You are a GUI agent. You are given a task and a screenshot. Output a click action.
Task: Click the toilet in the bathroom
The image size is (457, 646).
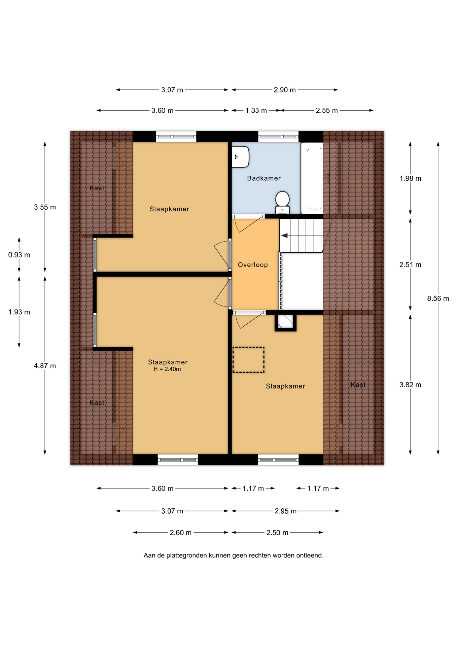point(282,203)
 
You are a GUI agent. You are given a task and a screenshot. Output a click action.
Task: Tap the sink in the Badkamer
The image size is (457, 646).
point(240,157)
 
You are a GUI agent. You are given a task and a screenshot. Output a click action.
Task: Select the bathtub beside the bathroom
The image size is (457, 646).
point(312,178)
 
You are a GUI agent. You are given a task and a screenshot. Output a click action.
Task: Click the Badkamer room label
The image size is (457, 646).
point(264,178)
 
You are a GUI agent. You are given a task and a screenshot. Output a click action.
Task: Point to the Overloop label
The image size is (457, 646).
point(253,265)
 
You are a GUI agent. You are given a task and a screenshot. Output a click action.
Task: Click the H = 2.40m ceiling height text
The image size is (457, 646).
point(167,369)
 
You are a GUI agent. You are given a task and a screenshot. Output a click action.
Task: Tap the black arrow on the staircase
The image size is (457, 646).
point(284,236)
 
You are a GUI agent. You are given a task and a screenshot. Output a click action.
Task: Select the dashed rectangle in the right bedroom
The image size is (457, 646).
point(248,360)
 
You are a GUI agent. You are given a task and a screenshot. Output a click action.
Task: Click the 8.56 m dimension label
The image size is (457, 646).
point(438,298)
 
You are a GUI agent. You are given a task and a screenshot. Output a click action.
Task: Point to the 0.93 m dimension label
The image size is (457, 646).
point(19,255)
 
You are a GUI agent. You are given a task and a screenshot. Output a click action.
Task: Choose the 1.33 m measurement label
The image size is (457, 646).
point(256,110)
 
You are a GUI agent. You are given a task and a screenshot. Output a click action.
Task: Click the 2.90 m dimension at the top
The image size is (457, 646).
point(285,90)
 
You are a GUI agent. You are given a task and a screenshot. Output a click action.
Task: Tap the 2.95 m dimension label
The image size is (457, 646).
point(285,511)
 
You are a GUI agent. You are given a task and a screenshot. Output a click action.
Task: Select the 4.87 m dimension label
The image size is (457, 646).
point(45,366)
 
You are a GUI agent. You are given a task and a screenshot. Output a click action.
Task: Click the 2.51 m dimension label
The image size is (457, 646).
point(410,265)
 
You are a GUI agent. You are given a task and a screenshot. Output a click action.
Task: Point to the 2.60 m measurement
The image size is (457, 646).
point(180,533)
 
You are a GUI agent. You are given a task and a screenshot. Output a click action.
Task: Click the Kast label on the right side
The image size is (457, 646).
point(358,385)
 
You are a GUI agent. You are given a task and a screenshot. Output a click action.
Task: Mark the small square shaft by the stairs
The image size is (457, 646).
point(285,322)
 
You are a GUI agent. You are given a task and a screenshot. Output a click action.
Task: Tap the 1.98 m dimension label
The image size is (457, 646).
point(410,178)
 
